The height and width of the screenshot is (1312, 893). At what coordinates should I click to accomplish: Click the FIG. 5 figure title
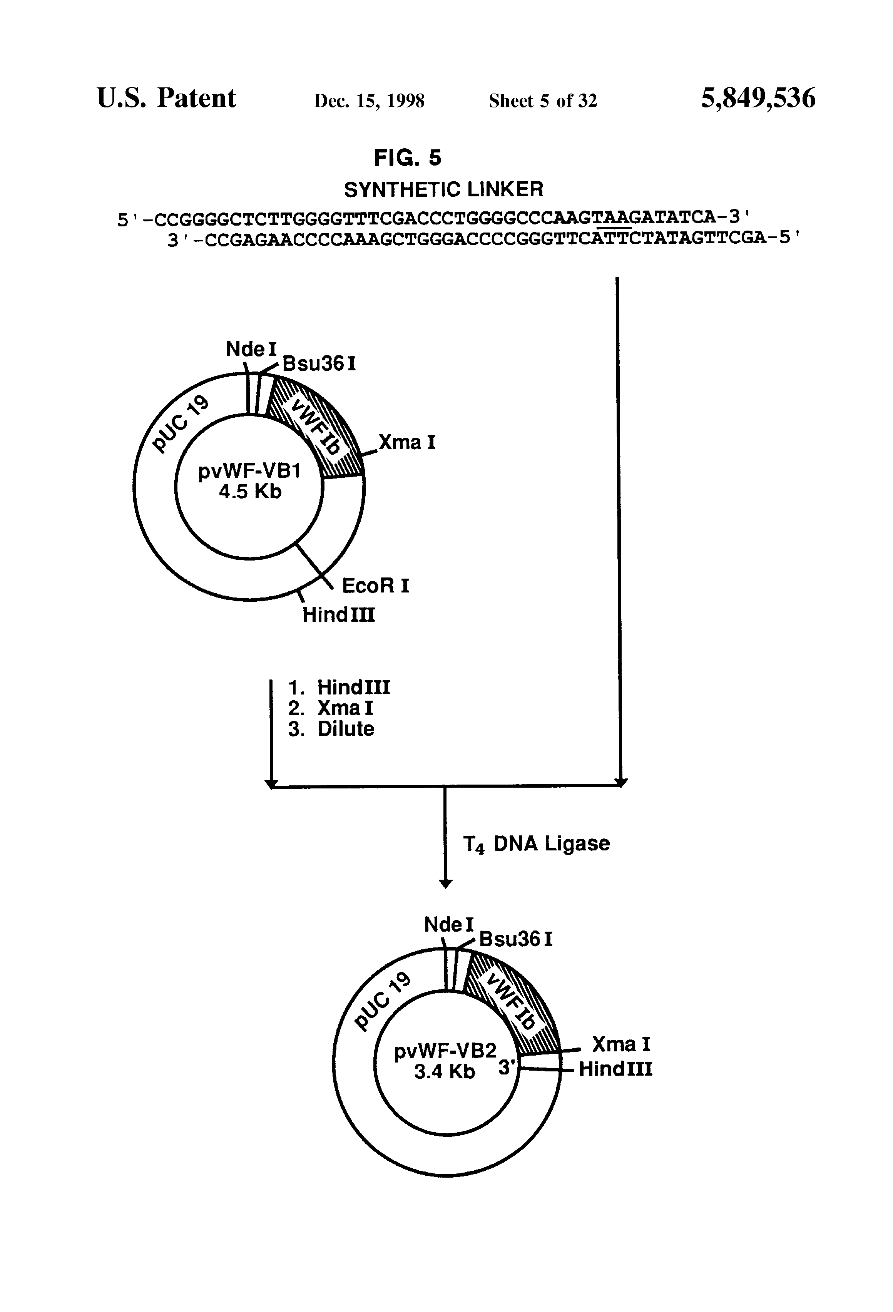pos(408,158)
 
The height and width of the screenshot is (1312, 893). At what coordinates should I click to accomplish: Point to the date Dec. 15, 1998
pos(369,101)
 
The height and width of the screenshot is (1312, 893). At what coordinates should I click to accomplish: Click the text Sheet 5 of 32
pos(542,101)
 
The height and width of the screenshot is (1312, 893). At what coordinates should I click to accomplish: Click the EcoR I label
pos(375,586)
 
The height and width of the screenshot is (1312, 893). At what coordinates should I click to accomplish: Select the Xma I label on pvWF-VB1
pos(406,442)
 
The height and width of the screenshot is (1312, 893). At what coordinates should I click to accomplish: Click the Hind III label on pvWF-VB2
pos(615,1069)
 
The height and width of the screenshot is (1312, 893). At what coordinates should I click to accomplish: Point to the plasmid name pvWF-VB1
pos(249,471)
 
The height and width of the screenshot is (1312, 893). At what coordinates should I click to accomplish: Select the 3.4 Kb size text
pos(444,1071)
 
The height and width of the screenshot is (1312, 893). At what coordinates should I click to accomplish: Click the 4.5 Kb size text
pos(250,492)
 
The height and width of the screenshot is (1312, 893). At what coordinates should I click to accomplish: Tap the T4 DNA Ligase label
pos(536,843)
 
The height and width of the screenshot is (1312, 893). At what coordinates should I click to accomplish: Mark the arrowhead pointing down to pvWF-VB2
pos(445,884)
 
